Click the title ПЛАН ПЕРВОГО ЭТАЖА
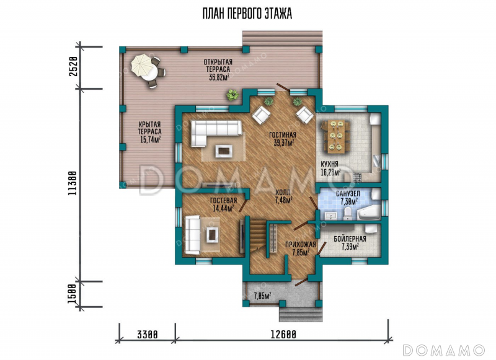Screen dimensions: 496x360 247,14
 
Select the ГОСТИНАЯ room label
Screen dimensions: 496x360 283,135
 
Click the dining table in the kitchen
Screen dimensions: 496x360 335,135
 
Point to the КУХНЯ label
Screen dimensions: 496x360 330,164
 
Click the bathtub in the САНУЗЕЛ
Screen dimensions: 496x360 368,213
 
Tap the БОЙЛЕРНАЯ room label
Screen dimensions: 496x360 350,239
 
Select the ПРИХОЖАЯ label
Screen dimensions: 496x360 301,244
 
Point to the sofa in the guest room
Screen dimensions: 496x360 192,234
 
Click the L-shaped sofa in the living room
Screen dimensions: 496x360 216,133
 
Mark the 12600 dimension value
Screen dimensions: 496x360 283,335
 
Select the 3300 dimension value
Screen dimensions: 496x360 147,335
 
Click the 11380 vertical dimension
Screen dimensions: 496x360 72,183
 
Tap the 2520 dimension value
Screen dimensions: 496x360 73,67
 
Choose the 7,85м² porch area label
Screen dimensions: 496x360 262,296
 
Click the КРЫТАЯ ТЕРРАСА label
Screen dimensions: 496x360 149,132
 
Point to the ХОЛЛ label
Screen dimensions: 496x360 283,192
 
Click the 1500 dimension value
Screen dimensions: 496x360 73,294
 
